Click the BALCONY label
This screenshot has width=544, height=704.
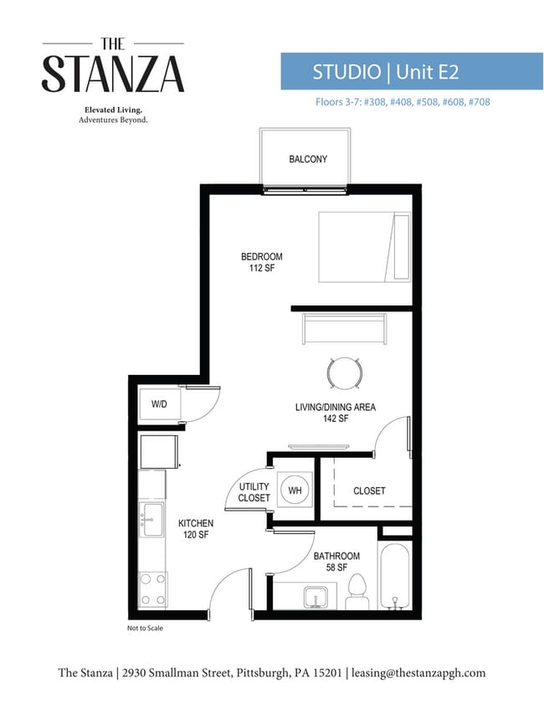pos(308,159)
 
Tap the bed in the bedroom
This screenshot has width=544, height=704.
pos(364,247)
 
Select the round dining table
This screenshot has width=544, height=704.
pos(345,373)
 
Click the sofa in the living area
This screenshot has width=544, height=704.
pos(345,329)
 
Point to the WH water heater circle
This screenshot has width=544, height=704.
pos(295,490)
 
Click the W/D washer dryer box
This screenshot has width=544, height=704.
pos(159,404)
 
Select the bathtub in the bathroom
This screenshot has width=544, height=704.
pos(394,576)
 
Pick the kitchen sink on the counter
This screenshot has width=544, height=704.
pos(151,520)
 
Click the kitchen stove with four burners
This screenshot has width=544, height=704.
pos(152,589)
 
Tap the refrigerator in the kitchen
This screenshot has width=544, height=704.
pos(158,452)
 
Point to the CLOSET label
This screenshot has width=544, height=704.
pos(369,491)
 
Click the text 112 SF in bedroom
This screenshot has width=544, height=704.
pos(262,268)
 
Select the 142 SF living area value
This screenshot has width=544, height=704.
pos(336,419)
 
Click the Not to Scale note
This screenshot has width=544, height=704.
pos(145,628)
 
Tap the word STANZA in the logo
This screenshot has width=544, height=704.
pos(113,74)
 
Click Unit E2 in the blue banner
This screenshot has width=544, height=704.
pos(428,72)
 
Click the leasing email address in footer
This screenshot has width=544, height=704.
pos(418,673)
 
